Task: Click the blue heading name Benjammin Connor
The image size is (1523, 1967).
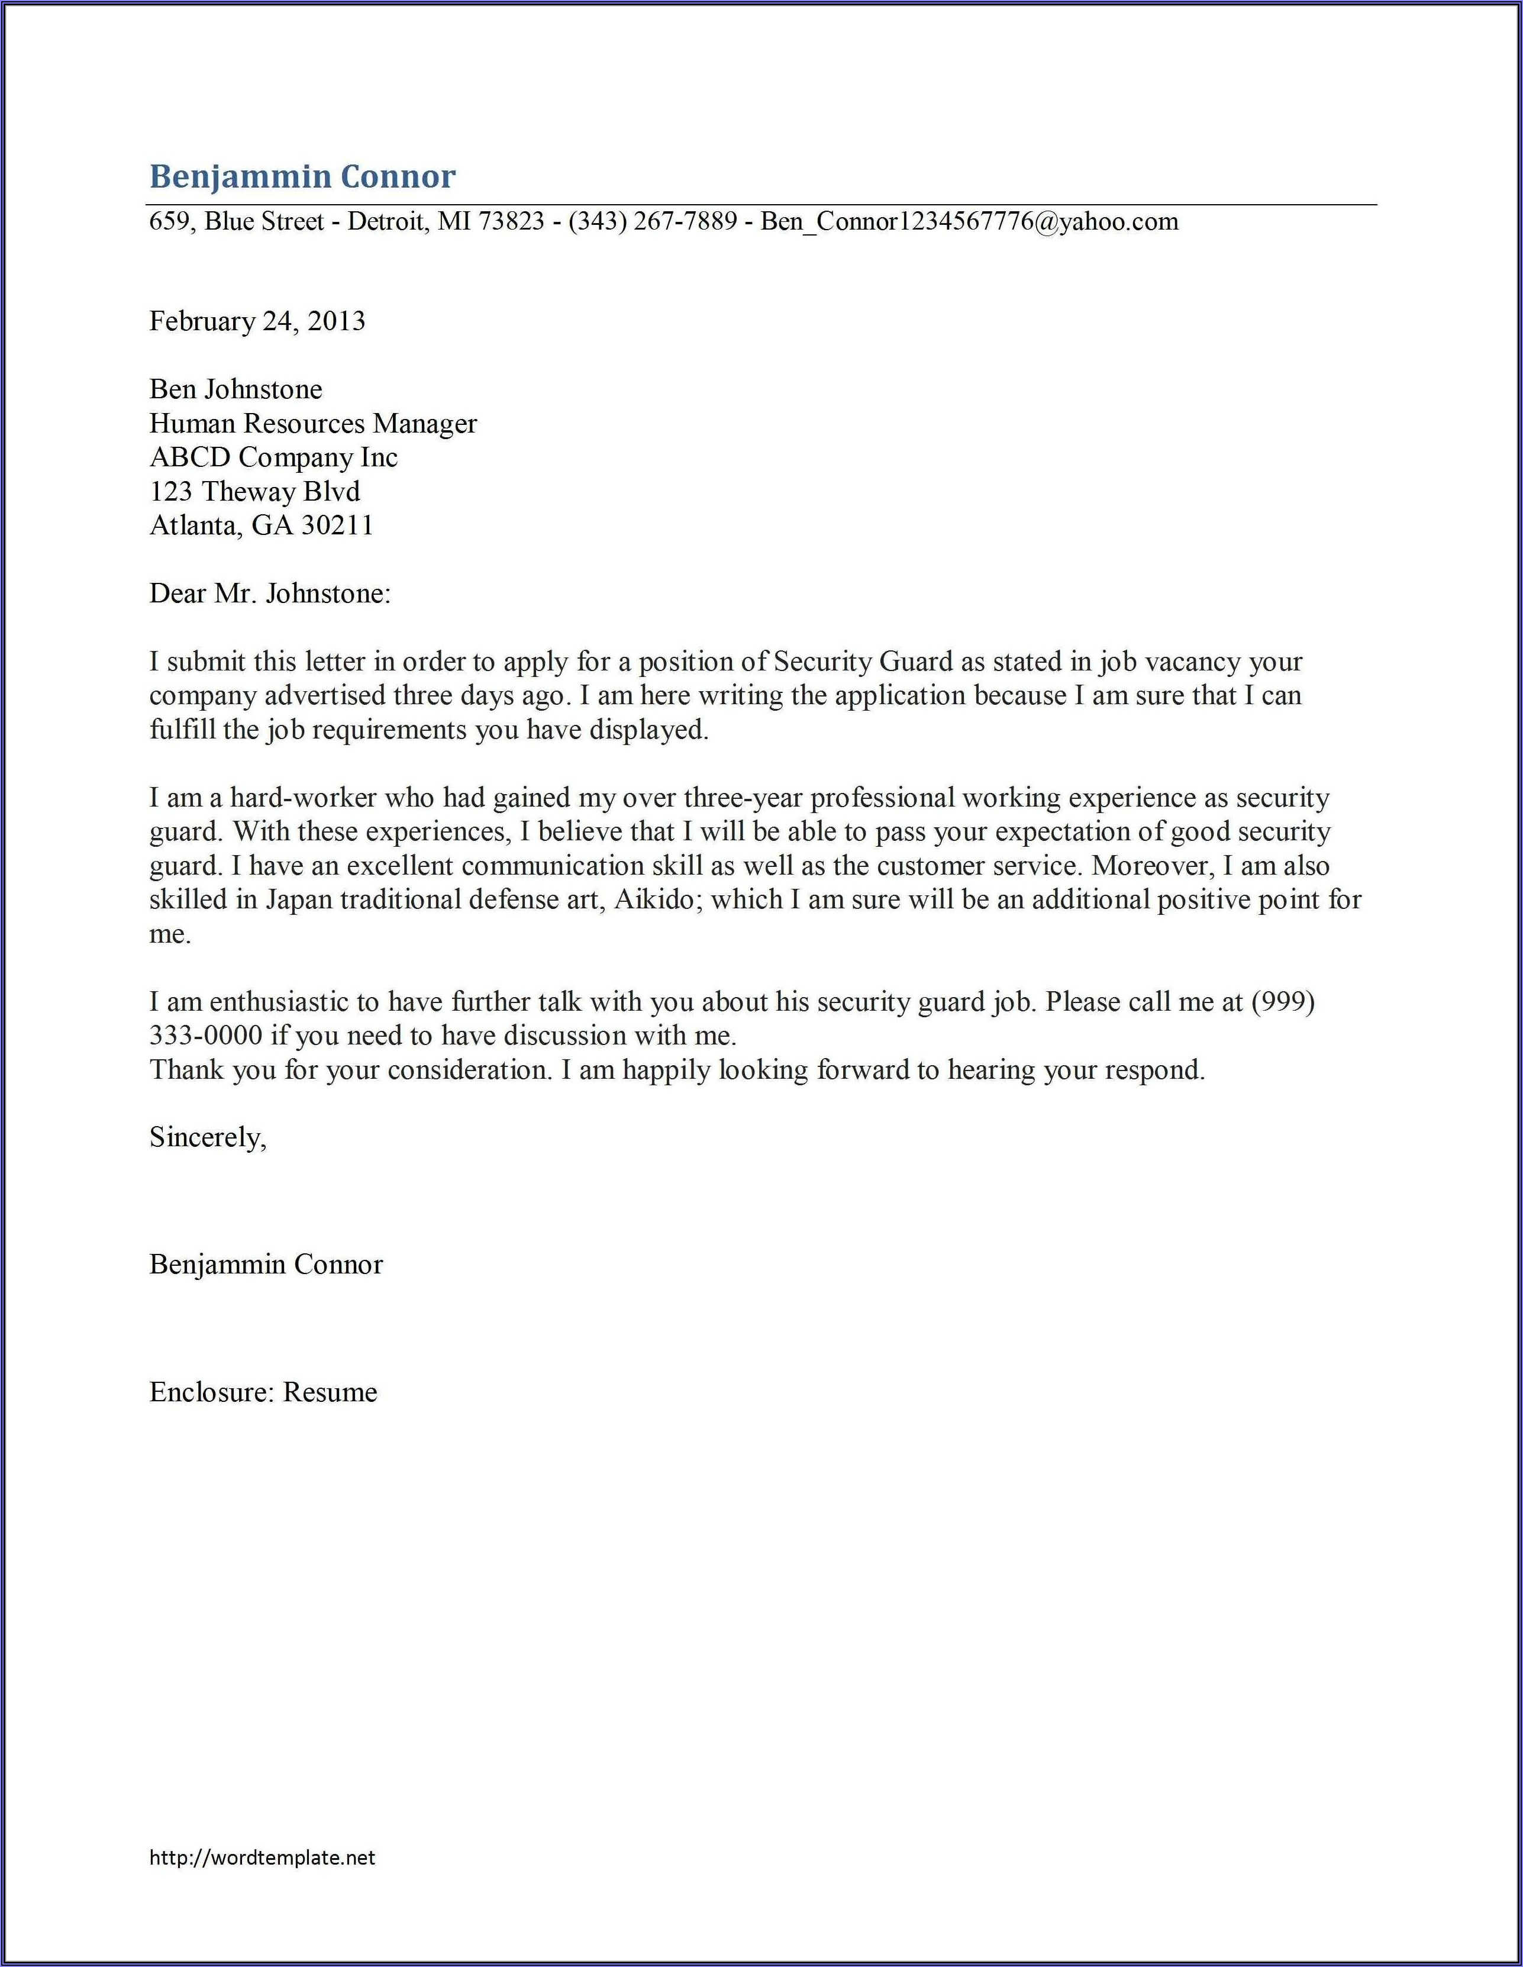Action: (302, 176)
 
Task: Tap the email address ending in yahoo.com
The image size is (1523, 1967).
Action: (969, 221)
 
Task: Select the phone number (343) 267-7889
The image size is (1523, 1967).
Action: (653, 221)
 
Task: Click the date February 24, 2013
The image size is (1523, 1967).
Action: (257, 321)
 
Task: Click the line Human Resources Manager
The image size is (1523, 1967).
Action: (312, 423)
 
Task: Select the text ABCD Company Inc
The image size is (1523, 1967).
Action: (273, 457)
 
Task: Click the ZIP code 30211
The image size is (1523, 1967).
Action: (336, 526)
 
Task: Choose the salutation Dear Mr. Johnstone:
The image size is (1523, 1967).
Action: (269, 595)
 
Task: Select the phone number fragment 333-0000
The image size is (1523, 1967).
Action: (205, 1036)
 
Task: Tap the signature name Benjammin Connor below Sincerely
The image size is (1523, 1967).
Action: (266, 1265)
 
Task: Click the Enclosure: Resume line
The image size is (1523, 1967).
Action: (263, 1392)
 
